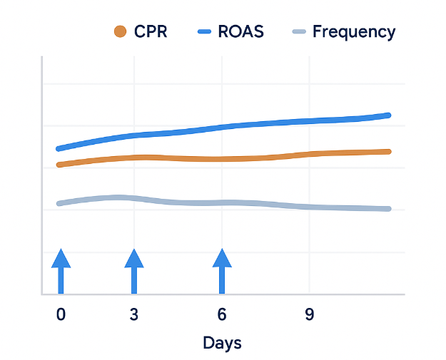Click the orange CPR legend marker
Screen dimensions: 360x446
click(x=120, y=31)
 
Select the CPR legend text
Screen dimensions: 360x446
click(x=151, y=32)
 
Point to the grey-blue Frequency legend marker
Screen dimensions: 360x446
click(x=300, y=31)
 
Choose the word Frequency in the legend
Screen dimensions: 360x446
click(x=353, y=32)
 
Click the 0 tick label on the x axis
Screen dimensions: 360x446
click(x=61, y=314)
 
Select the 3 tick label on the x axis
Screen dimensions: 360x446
click(x=133, y=314)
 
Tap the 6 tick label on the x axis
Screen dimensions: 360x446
click(x=222, y=314)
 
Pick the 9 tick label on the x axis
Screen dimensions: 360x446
click(x=309, y=314)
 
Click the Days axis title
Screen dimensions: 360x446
click(x=222, y=343)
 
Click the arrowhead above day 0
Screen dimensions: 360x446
click(x=61, y=258)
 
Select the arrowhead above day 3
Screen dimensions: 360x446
click(x=133, y=258)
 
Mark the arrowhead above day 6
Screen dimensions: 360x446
click(x=222, y=258)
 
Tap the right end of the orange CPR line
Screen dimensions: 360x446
click(x=388, y=151)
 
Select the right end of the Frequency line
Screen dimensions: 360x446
click(x=388, y=209)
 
